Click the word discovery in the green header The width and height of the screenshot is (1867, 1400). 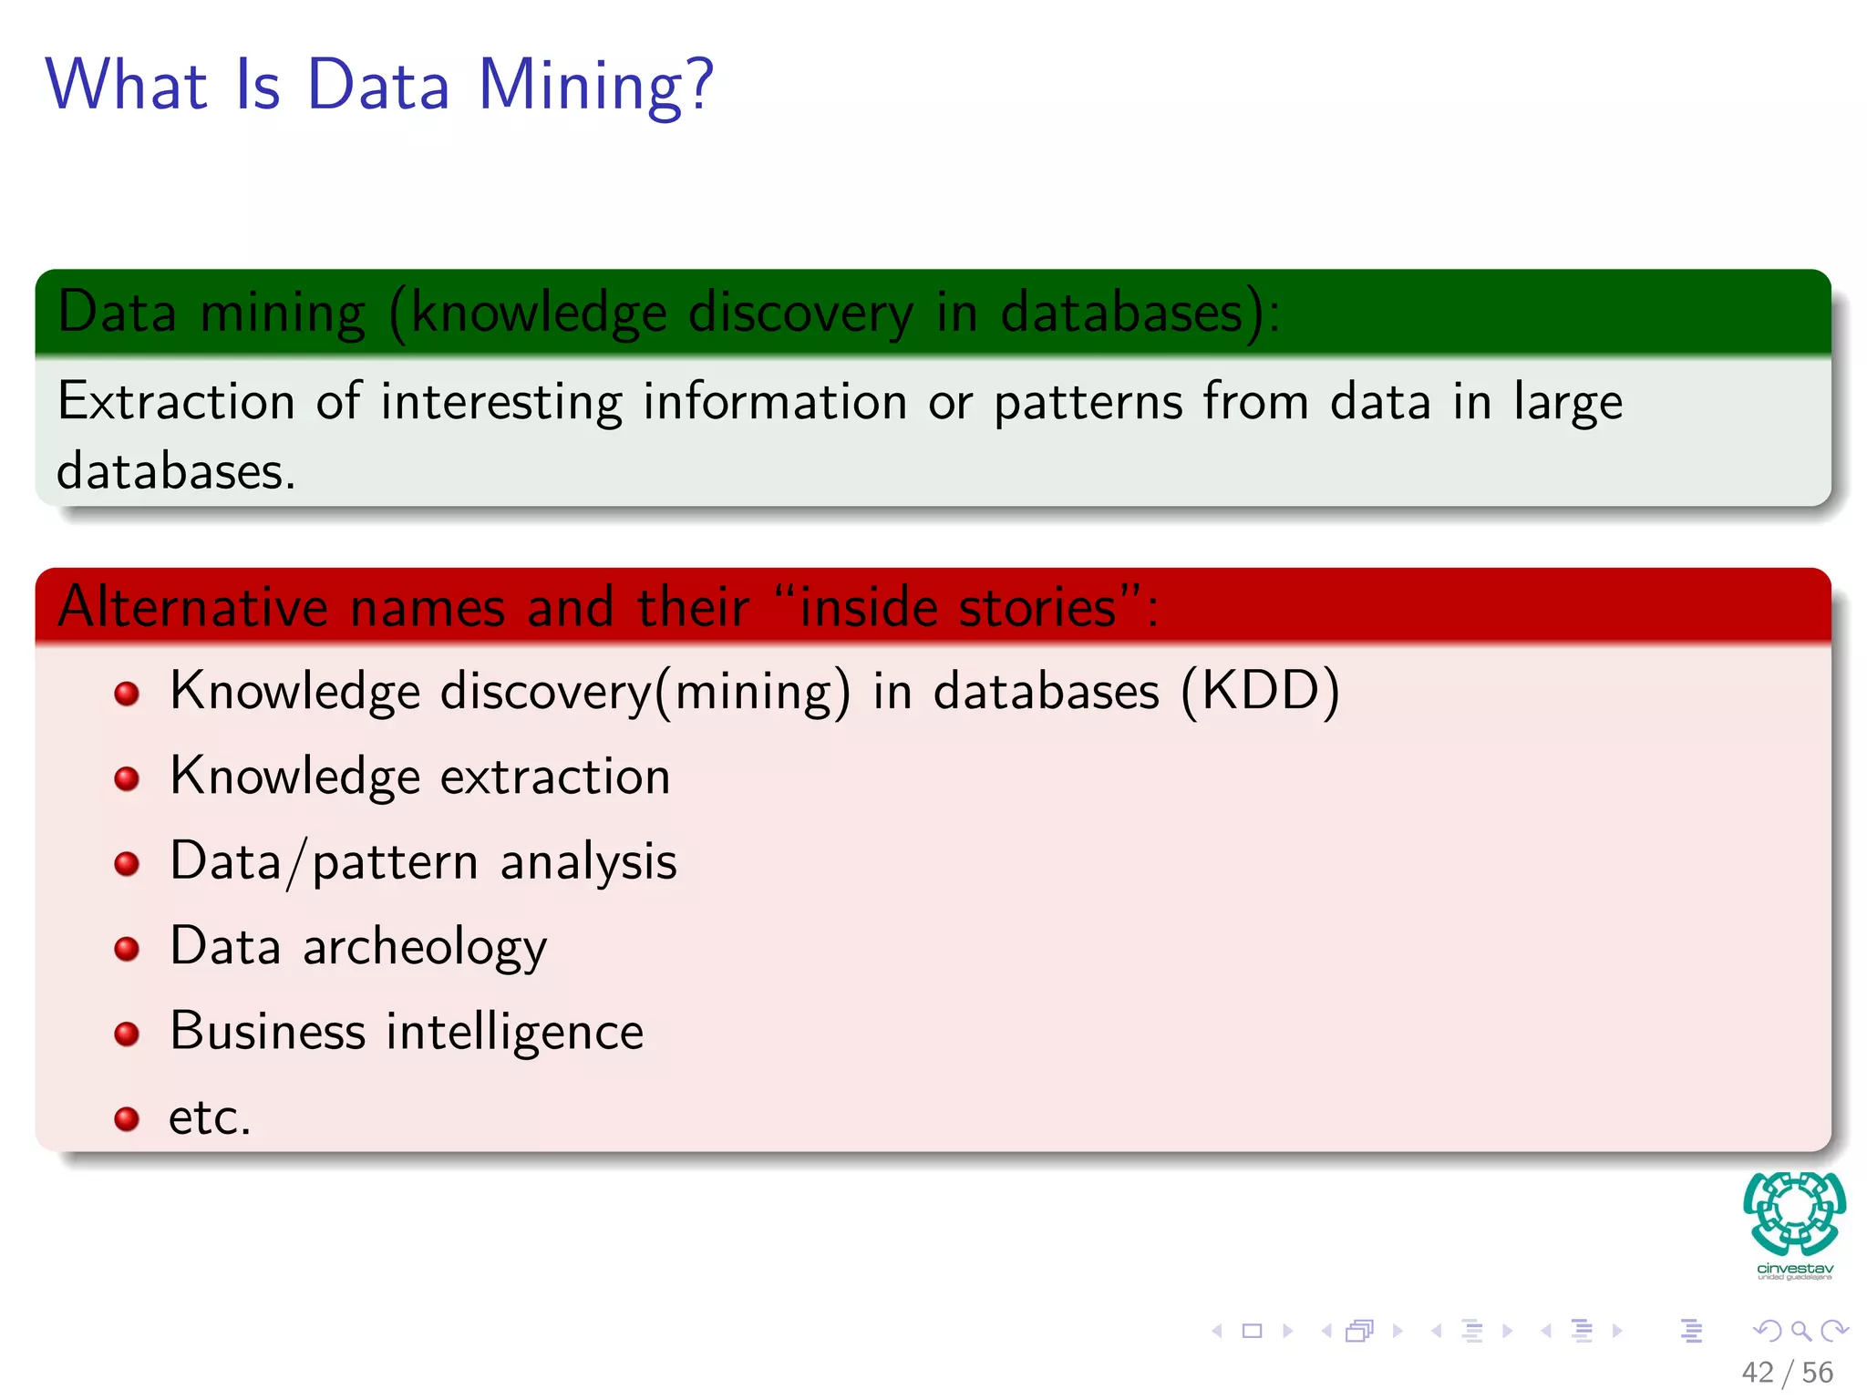click(x=800, y=313)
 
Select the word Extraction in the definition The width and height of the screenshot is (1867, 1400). click(x=176, y=401)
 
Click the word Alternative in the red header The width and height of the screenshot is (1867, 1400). click(x=192, y=607)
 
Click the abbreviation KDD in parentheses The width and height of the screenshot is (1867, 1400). click(x=1261, y=691)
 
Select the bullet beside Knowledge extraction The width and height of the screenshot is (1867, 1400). click(x=127, y=778)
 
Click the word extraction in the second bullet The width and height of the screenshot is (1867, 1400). click(x=555, y=777)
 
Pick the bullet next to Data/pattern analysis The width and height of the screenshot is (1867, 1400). click(x=127, y=863)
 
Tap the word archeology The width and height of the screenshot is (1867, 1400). click(x=425, y=948)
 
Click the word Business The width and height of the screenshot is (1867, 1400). click(x=268, y=1032)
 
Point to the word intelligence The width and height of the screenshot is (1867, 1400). click(x=515, y=1033)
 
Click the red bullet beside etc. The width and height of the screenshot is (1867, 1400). click(x=127, y=1118)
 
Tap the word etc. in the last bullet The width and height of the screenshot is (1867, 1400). click(x=210, y=1117)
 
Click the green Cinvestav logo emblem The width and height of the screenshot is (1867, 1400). click(x=1794, y=1214)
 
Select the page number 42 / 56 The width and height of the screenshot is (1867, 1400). click(x=1787, y=1372)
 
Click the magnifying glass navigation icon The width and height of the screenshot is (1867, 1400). click(x=1800, y=1331)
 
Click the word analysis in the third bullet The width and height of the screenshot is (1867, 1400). click(x=588, y=862)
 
